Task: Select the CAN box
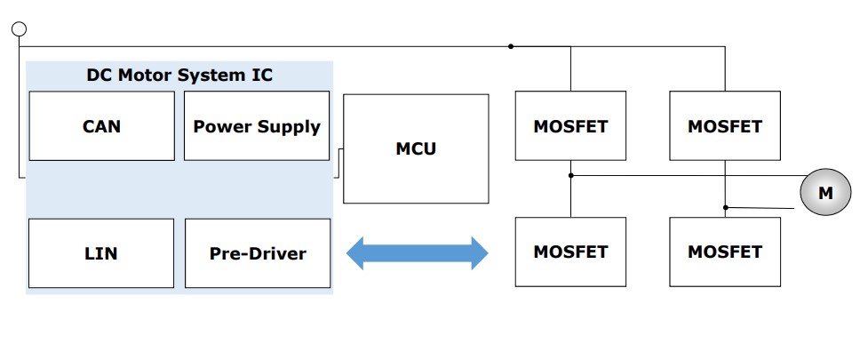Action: point(101,125)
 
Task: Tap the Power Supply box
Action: point(257,125)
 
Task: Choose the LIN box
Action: point(101,252)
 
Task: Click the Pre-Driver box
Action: point(258,252)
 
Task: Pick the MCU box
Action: point(416,148)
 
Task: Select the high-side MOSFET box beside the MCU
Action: point(570,125)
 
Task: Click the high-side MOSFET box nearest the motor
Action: point(725,125)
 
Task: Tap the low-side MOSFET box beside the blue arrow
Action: point(570,252)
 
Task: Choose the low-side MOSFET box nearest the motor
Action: point(725,252)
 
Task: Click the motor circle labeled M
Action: point(825,194)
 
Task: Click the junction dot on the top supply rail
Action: point(511,45)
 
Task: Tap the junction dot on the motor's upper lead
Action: point(570,175)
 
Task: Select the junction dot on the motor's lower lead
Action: point(725,208)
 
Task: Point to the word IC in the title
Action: point(260,75)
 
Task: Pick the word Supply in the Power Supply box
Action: point(288,126)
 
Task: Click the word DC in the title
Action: point(99,75)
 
